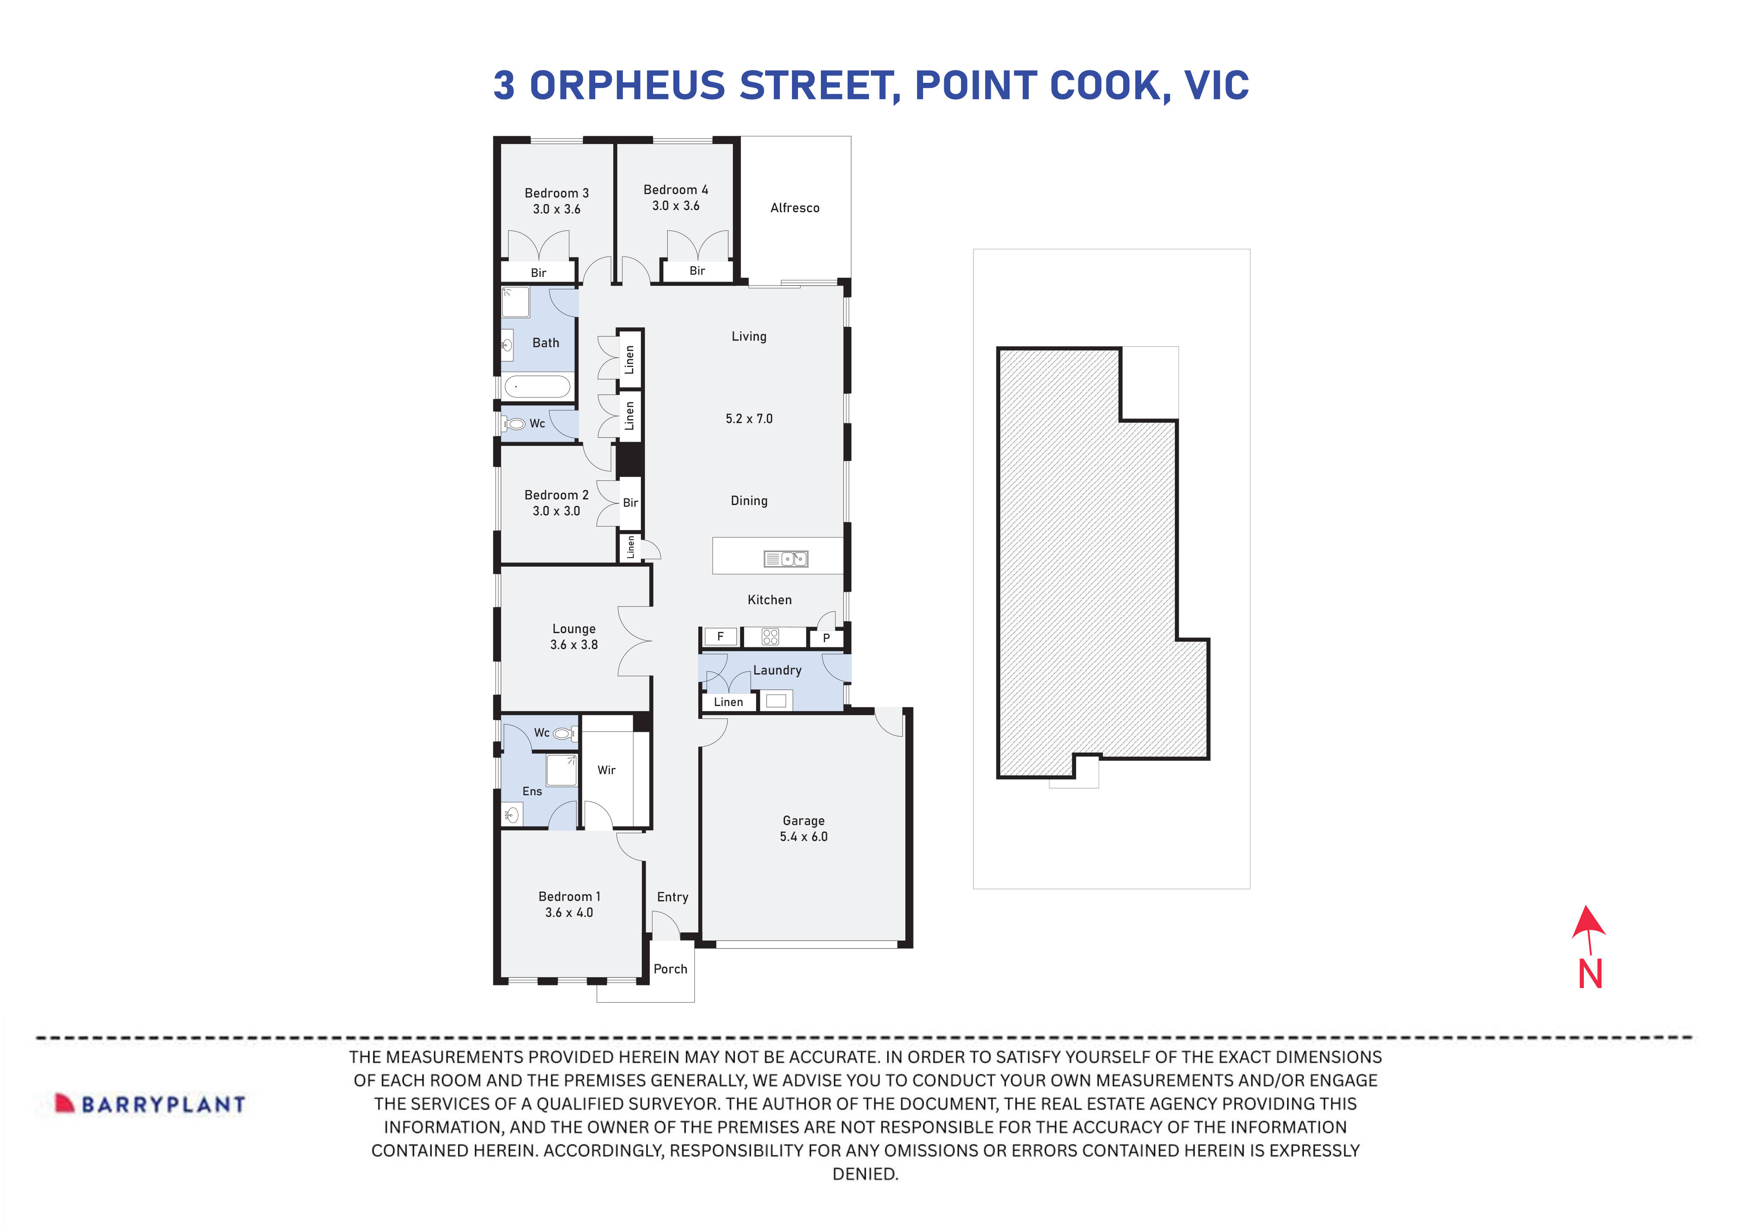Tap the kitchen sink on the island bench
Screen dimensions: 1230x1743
tap(786, 559)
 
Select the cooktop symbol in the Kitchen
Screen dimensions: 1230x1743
tap(770, 637)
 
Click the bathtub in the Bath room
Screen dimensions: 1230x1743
tap(537, 386)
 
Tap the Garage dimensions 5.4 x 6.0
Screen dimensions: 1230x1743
tap(803, 837)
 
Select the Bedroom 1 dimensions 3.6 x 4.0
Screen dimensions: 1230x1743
tap(568, 913)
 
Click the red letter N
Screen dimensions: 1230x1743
tap(1589, 974)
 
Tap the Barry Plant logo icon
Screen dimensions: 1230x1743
tap(65, 1103)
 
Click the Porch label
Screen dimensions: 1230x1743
tap(670, 969)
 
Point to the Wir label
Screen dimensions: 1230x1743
tap(606, 770)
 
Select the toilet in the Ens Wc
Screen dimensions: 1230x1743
tap(562, 734)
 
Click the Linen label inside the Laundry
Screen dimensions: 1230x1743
tap(728, 702)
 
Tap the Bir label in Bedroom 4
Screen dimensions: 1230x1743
tap(697, 271)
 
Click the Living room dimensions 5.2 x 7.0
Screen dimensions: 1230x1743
tap(748, 419)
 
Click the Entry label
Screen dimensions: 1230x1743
tap(672, 897)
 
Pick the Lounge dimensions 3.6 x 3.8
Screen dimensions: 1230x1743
tap(574, 645)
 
